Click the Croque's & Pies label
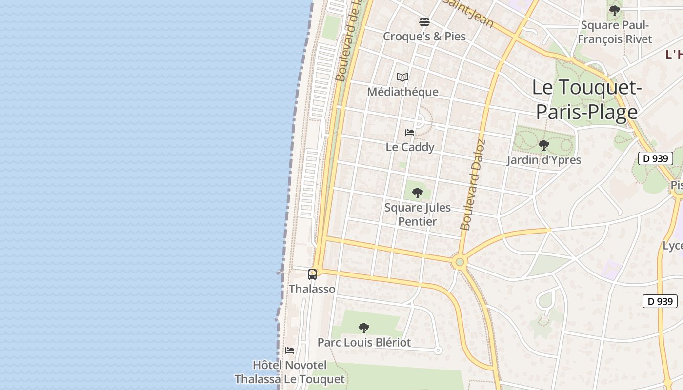(x=424, y=37)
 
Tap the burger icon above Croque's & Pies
(x=424, y=22)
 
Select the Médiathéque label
(x=402, y=92)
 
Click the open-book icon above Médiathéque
(x=402, y=77)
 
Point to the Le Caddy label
(x=410, y=147)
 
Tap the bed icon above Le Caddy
(x=410, y=133)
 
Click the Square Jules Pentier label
(x=417, y=214)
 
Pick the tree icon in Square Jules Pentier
(x=417, y=193)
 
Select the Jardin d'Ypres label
(x=543, y=160)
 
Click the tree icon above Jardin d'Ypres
(x=543, y=145)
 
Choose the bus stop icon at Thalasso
(x=312, y=274)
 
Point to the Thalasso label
(x=312, y=289)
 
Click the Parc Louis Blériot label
(x=364, y=342)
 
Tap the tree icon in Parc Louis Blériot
(x=364, y=328)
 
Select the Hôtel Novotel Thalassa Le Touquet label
(x=289, y=372)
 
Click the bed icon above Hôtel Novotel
(x=290, y=351)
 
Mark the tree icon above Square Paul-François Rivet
(x=615, y=10)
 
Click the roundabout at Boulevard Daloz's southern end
(x=459, y=262)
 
